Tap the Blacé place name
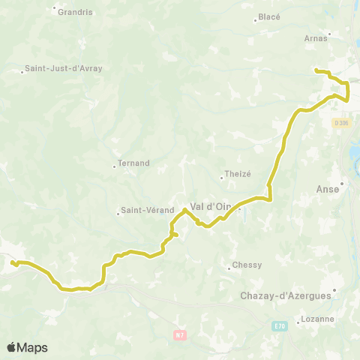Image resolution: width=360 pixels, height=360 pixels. click(x=268, y=16)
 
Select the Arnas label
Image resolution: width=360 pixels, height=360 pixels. click(x=316, y=37)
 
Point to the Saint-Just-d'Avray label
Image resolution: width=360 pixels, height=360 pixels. click(x=64, y=68)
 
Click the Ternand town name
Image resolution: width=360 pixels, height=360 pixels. click(x=134, y=163)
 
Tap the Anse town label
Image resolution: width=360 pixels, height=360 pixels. click(x=331, y=188)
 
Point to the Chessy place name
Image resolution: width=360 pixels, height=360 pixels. click(x=247, y=264)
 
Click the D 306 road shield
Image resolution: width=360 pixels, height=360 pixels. click(x=342, y=123)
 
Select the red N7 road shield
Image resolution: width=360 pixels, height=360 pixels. click(x=178, y=335)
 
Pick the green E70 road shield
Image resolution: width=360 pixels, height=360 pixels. click(x=277, y=327)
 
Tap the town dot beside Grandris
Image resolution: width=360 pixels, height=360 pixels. click(x=55, y=9)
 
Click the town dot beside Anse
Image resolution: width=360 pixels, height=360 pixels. click(x=342, y=183)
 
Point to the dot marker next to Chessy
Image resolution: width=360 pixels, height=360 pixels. click(x=229, y=268)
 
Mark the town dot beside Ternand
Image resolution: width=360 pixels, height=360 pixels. click(x=114, y=166)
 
